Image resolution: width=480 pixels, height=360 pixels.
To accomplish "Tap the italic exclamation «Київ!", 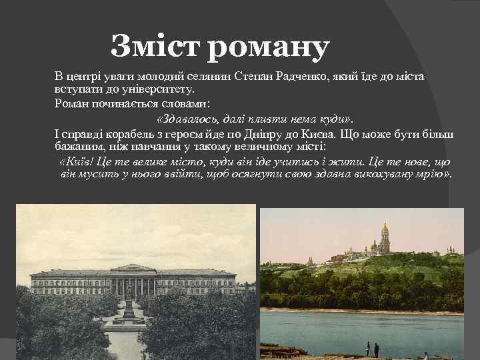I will [75, 162].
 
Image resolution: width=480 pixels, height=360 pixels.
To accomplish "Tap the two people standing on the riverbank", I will [372, 348].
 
